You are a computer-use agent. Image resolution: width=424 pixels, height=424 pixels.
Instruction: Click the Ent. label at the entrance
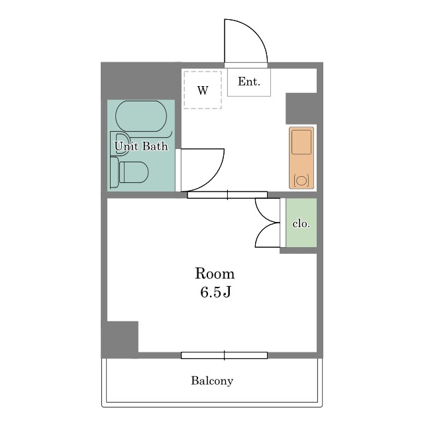pos(249,81)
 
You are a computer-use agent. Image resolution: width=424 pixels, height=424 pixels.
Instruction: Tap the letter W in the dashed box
pos(203,90)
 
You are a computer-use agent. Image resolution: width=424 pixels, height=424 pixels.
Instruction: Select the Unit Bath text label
pos(141,146)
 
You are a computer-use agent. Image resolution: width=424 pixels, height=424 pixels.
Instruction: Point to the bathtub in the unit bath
pos(141,117)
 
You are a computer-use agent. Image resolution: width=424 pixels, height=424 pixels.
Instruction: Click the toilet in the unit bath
pos(130,172)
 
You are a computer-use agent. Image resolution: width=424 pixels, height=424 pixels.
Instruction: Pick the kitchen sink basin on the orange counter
pos(301,142)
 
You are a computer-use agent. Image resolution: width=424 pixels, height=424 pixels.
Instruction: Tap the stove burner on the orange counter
pos(301,180)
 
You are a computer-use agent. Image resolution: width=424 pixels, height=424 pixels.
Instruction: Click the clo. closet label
pos(301,224)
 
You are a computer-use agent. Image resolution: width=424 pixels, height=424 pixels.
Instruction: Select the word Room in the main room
pos(215,274)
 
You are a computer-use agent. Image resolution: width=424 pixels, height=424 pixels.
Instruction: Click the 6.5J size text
pos(215,292)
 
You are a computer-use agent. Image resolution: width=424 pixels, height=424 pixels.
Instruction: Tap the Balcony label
pos(212,381)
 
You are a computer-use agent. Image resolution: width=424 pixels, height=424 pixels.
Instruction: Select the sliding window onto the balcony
pos(224,355)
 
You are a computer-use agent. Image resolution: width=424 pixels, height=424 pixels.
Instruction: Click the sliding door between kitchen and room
pos(227,195)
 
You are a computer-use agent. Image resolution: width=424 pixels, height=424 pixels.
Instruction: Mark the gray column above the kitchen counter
pos(301,109)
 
